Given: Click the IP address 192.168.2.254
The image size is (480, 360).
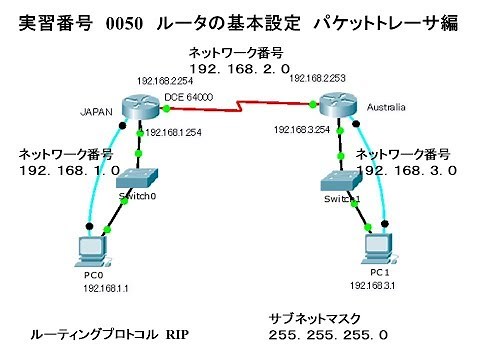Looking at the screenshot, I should pos(165,80).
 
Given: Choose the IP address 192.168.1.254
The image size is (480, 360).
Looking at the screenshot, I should pos(174,132).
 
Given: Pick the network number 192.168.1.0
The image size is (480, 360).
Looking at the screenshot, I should pos(69,171).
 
